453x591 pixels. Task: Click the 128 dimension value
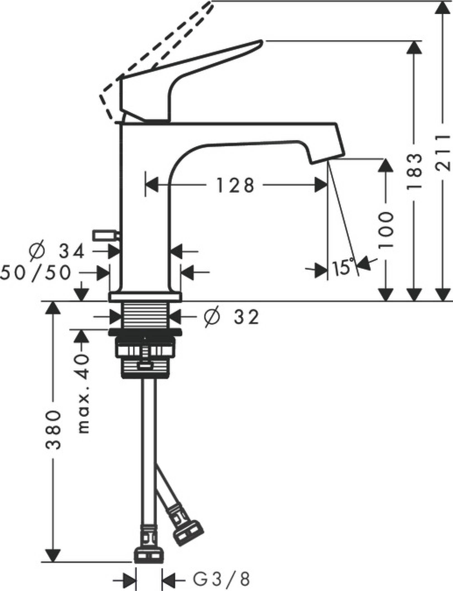click(235, 185)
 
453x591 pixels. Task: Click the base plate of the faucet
click(145, 297)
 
